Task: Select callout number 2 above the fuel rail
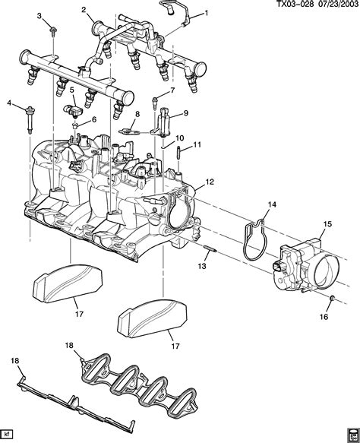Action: tap(84, 10)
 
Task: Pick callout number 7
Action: tap(172, 90)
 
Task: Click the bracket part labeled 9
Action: tap(167, 122)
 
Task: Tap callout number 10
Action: tap(181, 138)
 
